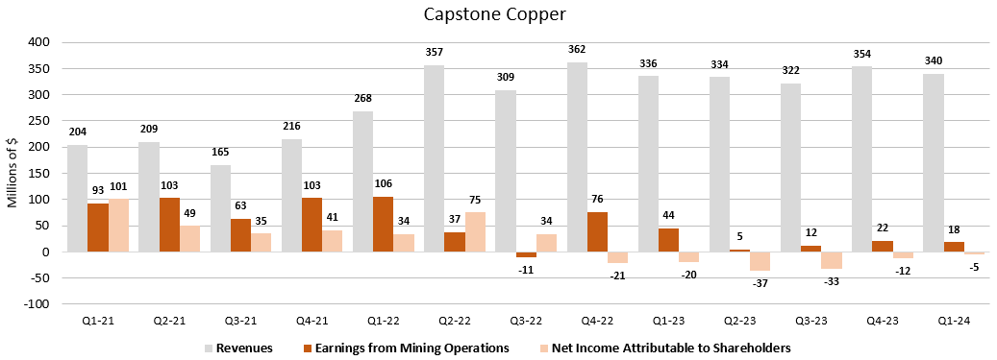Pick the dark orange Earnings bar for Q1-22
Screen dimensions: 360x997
[x=383, y=224]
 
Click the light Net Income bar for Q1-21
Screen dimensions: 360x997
[x=118, y=226]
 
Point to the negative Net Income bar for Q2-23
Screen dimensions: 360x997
[x=760, y=261]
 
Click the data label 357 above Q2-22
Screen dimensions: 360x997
[x=434, y=52]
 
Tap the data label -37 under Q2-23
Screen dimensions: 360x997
[x=760, y=284]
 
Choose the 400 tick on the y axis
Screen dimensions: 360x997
[x=38, y=42]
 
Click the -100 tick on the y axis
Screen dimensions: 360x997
[x=37, y=304]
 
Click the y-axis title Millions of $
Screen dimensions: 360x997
[x=13, y=173]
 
